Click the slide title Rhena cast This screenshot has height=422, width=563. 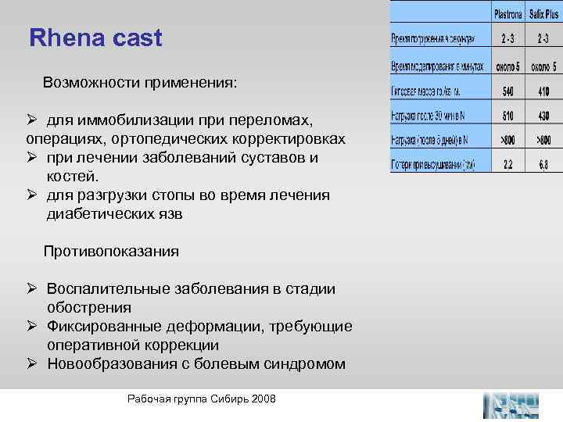click(x=95, y=38)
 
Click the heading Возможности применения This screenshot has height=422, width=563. click(x=140, y=82)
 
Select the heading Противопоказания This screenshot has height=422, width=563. click(x=111, y=252)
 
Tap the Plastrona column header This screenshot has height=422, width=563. click(x=507, y=15)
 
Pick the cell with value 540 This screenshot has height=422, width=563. click(x=507, y=91)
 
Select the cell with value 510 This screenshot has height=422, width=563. click(x=507, y=116)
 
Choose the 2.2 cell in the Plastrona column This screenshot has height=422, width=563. click(x=507, y=166)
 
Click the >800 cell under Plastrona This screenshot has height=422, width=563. click(x=507, y=141)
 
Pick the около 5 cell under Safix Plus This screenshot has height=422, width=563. click(x=544, y=66)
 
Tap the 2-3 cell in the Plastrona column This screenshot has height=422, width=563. click(x=507, y=39)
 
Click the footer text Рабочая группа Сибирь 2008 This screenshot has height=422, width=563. click(x=201, y=399)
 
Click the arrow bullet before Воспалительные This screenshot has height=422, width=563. click(x=33, y=289)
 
